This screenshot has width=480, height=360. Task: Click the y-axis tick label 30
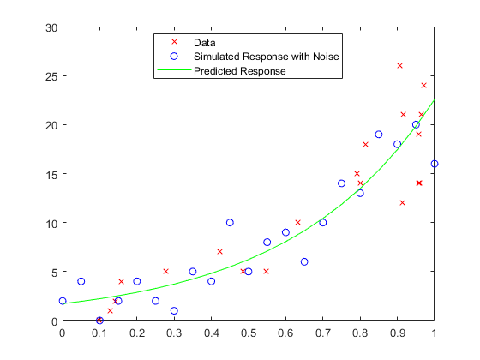tap(51, 27)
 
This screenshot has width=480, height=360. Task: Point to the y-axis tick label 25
tap(51, 76)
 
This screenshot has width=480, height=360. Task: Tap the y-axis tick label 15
tap(51, 174)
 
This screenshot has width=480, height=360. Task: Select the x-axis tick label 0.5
tap(249, 333)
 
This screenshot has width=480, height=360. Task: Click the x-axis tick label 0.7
tap(323, 333)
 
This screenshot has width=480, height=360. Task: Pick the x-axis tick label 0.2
tap(137, 333)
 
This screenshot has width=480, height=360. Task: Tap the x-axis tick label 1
tap(435, 333)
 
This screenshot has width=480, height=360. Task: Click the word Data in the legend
tap(205, 41)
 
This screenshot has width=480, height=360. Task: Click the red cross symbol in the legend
tap(174, 41)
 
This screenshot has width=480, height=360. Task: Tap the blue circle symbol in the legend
tap(174, 56)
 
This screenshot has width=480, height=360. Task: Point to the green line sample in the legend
tap(174, 71)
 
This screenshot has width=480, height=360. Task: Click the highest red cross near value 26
tap(399, 66)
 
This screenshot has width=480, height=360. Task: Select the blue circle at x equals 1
tap(435, 164)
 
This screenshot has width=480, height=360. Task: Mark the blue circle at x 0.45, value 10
tap(230, 223)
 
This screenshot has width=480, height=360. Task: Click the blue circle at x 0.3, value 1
tap(174, 311)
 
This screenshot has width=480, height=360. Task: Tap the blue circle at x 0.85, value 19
tap(379, 135)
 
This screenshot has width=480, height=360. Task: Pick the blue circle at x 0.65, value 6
tap(304, 262)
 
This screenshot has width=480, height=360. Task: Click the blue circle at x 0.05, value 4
tap(81, 281)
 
